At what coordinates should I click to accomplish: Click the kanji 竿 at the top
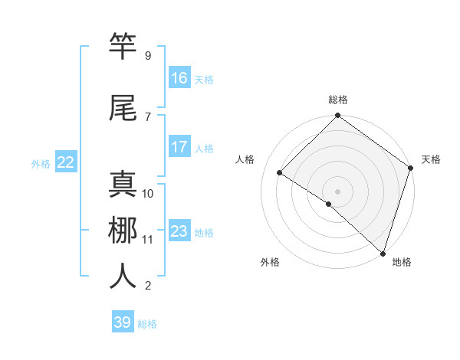123,46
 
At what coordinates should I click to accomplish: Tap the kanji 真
123,185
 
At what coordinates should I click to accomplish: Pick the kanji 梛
123,230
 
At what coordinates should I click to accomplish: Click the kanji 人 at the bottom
123,276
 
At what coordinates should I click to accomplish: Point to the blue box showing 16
179,78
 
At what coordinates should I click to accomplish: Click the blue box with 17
179,147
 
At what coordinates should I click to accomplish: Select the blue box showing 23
179,231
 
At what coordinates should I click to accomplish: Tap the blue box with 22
66,162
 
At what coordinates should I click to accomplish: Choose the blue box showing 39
123,322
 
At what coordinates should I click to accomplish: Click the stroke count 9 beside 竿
148,55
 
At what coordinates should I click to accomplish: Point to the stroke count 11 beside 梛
148,239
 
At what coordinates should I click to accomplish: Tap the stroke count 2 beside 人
148,286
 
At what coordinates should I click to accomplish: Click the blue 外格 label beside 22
41,163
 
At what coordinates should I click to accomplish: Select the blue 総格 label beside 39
147,324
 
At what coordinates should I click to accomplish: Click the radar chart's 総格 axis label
337,100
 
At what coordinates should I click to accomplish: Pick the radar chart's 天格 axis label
431,159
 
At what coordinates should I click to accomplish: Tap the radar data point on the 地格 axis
383,253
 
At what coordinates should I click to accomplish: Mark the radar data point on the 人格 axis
280,172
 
